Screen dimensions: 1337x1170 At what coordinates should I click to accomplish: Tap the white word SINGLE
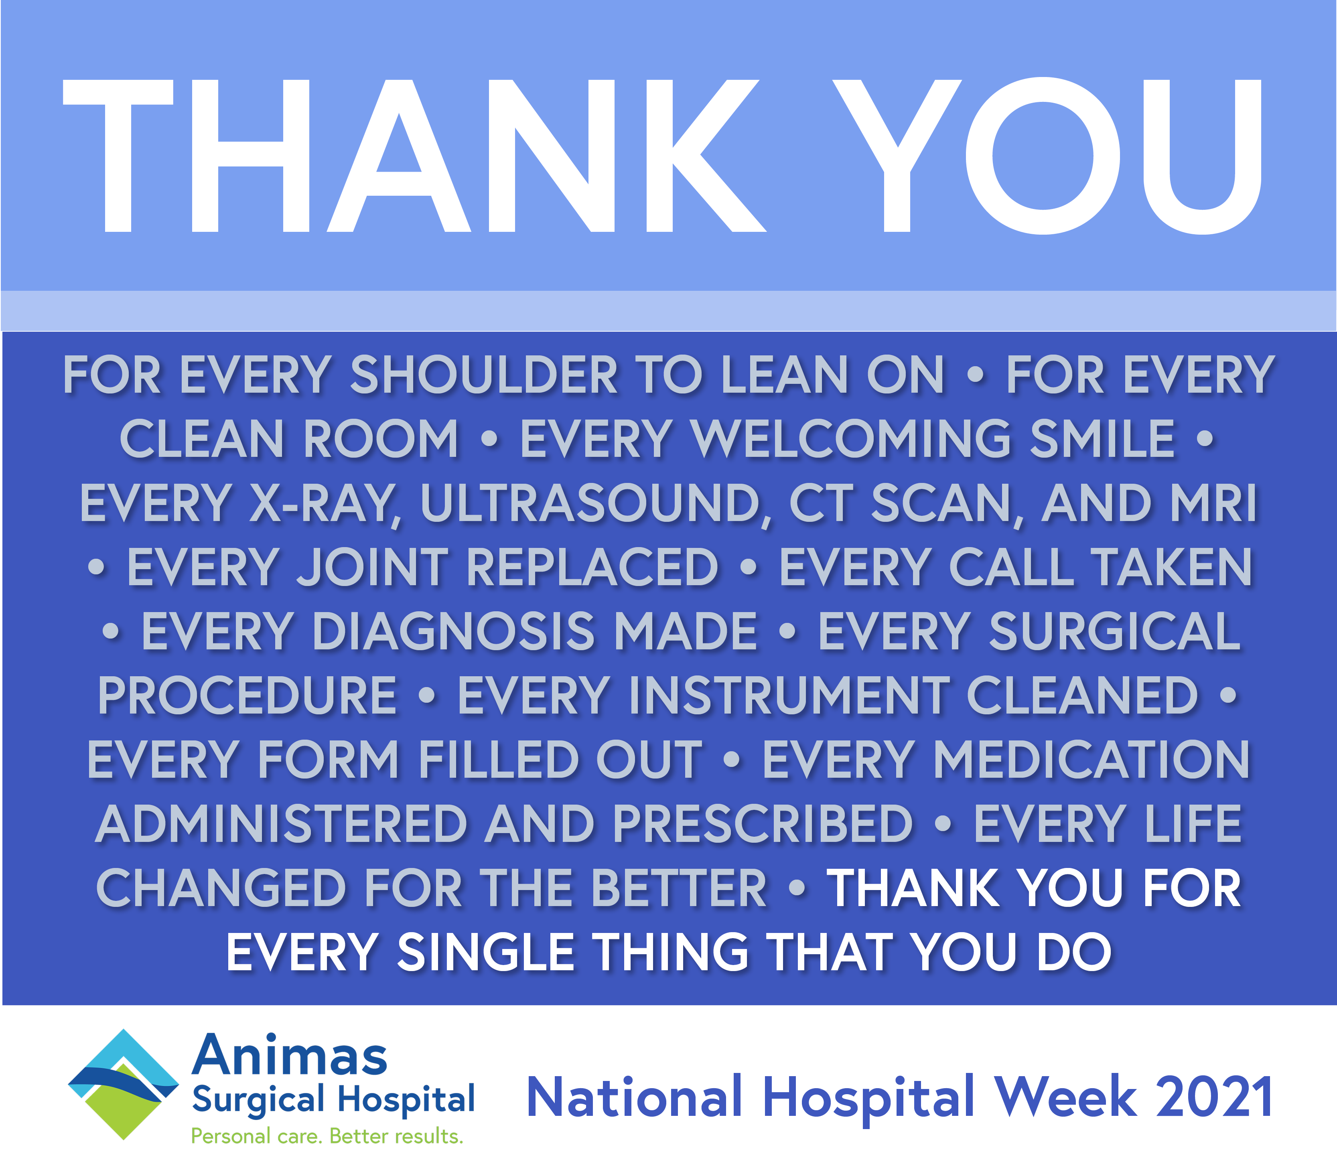click(x=486, y=952)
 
